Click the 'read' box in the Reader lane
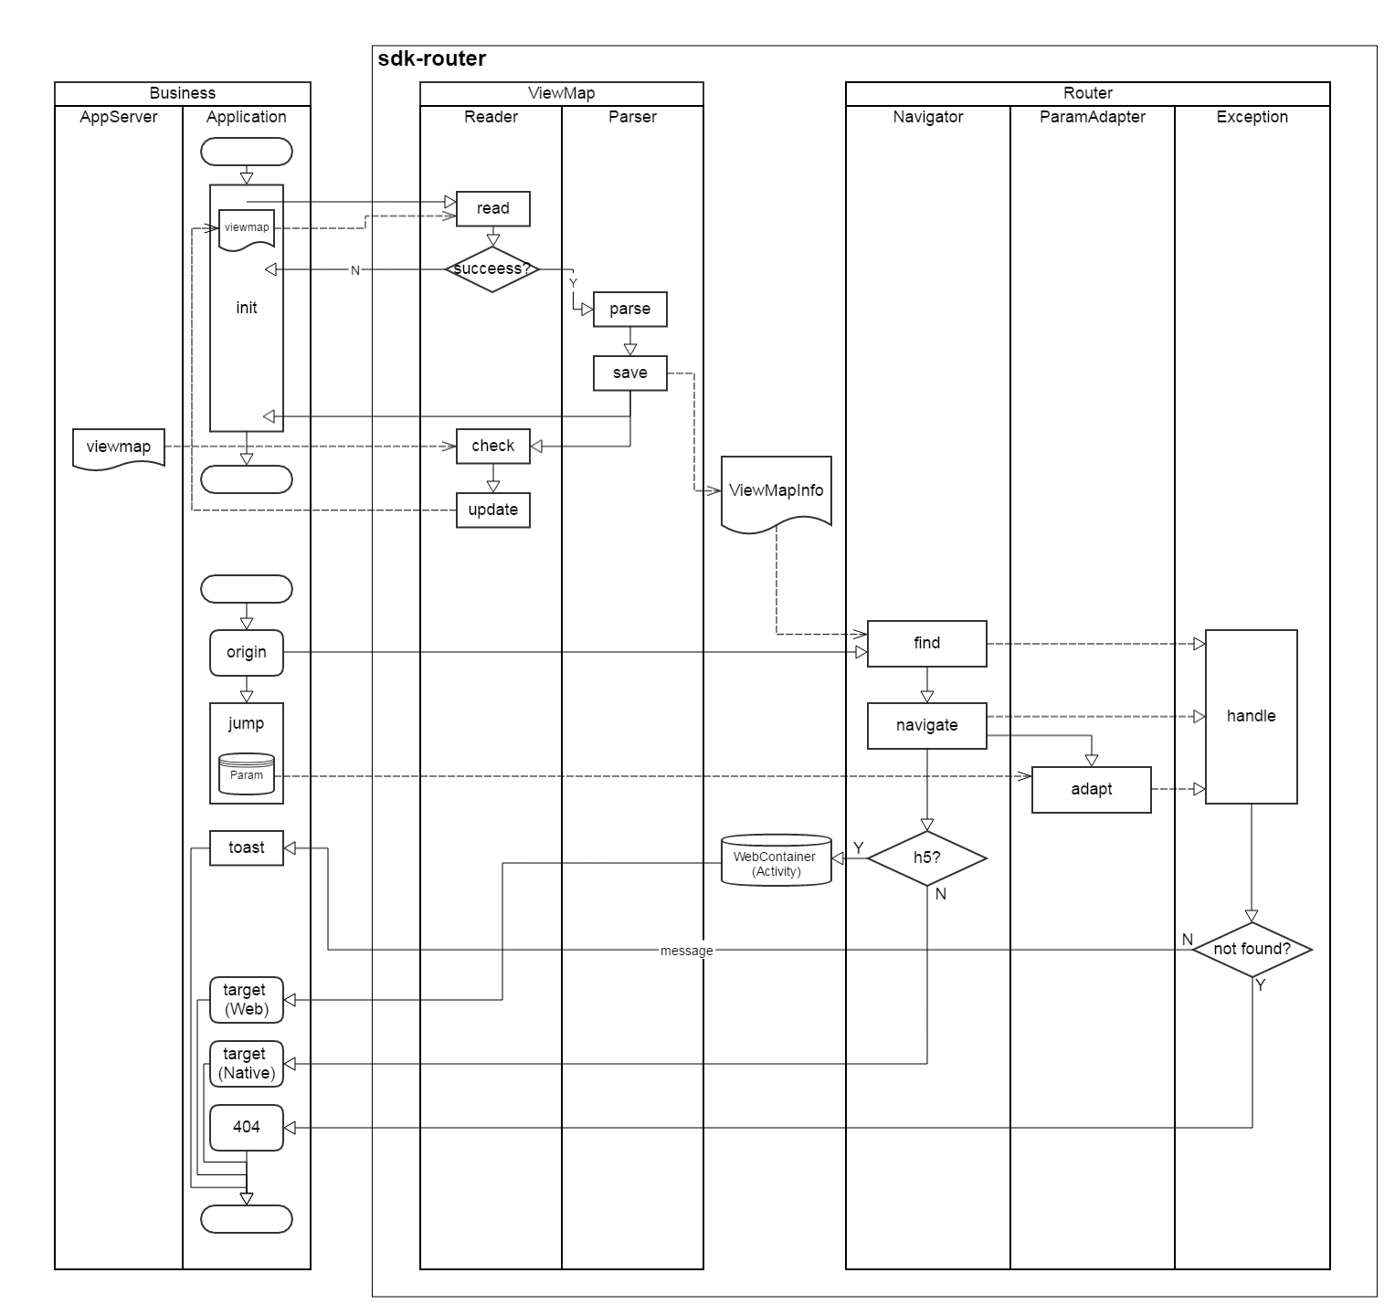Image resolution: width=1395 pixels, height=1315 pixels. point(492,208)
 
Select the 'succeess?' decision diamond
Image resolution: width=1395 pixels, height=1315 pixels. point(491,269)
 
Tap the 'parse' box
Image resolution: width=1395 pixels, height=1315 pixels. point(629,309)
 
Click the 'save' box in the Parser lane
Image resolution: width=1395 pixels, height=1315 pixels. point(629,373)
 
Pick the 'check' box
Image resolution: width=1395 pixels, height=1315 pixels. point(492,446)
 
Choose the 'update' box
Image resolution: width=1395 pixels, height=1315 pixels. point(492,510)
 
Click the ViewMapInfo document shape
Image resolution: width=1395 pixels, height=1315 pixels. point(776,491)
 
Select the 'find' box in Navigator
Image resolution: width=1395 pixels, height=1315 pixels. point(926,643)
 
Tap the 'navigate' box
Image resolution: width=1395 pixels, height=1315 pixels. point(926,725)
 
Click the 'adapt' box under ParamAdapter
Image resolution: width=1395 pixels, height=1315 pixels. point(1091,789)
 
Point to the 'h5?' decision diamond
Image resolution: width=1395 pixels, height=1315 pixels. point(926,858)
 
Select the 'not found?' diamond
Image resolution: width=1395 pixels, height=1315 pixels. point(1252,950)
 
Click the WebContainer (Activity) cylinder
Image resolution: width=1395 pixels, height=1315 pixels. point(776,860)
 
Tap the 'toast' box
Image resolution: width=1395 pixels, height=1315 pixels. point(246,847)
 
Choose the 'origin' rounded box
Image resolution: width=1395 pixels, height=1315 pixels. point(246,652)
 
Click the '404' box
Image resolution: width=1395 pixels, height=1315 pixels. point(246,1127)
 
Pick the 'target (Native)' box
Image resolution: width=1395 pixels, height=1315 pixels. point(246,1064)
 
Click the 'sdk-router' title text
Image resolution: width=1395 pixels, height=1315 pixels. point(431,59)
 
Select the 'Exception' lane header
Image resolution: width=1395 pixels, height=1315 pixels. point(1252,117)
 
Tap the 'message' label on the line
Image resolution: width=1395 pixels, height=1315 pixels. point(686,951)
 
